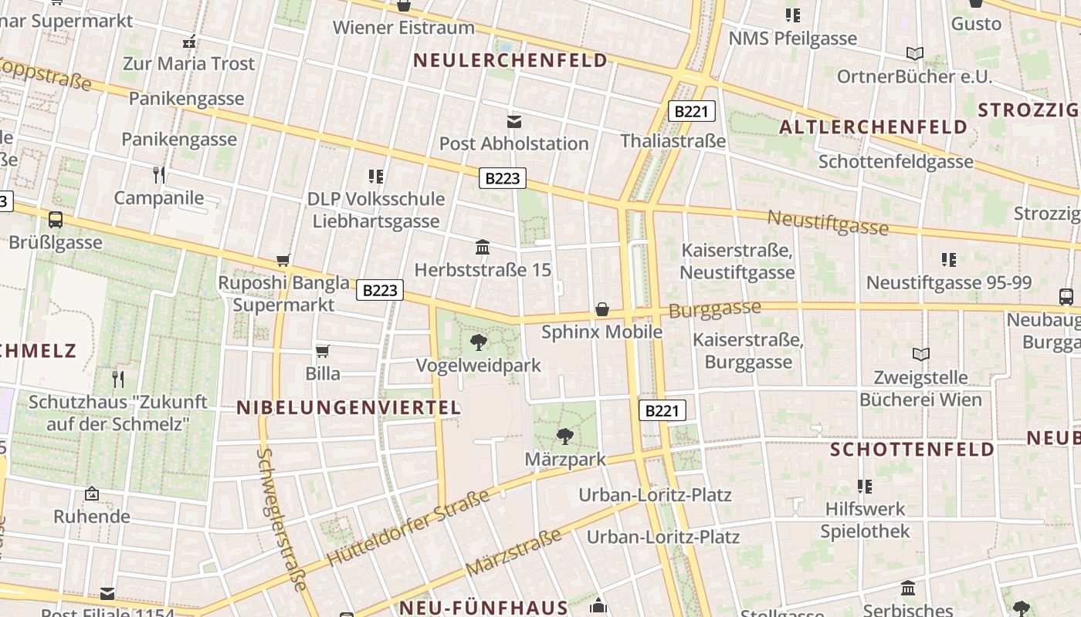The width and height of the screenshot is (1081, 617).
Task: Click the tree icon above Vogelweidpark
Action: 479,342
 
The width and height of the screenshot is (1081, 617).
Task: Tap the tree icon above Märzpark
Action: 565,437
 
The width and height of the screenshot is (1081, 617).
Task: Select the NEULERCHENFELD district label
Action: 510,60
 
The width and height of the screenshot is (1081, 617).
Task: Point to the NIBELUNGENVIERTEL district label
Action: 348,408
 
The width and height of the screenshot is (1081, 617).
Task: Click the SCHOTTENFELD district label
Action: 912,449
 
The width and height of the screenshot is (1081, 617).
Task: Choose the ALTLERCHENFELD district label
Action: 873,127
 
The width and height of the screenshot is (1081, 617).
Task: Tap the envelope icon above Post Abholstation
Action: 514,121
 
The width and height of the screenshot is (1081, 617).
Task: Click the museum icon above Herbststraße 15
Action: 483,247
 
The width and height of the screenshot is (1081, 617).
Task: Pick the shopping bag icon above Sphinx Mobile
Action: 602,309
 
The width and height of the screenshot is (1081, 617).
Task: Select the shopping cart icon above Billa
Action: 323,351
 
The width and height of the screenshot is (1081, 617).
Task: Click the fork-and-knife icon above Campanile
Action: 159,174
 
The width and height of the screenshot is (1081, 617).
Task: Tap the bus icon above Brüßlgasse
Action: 56,220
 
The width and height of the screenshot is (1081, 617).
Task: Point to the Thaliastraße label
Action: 673,141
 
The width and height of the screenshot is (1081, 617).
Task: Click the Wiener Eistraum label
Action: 404,28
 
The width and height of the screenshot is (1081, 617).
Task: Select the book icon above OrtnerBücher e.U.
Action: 915,53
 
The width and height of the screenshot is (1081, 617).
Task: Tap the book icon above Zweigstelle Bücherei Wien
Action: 921,354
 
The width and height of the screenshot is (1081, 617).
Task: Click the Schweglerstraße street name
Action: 281,520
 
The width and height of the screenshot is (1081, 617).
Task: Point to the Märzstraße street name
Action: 514,552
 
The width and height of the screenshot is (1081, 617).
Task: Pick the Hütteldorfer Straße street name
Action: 408,528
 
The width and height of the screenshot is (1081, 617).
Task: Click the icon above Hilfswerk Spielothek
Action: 865,486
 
